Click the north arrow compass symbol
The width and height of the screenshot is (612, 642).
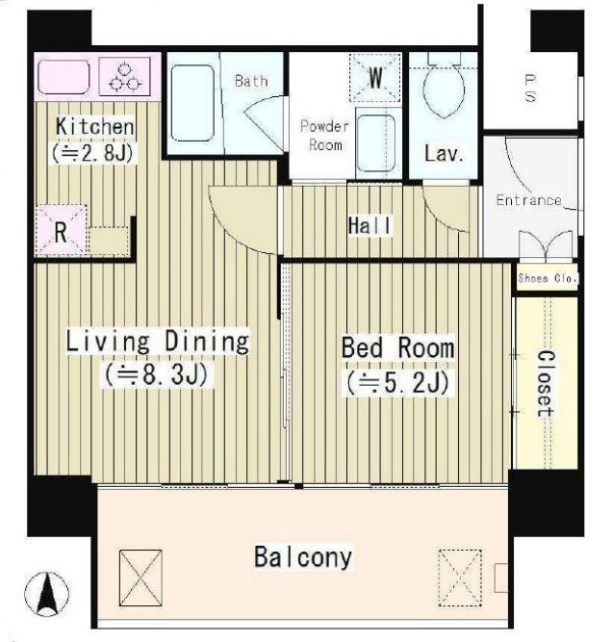tap(46, 593)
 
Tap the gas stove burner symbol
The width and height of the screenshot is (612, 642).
tap(125, 77)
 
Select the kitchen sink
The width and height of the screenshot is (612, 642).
tap(64, 77)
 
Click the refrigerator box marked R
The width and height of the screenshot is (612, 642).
tap(61, 230)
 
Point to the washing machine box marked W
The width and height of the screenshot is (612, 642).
tap(374, 77)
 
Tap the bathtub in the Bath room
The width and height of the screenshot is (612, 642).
tap(192, 103)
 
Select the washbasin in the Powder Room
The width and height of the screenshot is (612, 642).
tap(376, 143)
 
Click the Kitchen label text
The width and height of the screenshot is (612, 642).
tap(95, 126)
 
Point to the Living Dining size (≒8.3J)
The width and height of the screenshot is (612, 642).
tap(157, 374)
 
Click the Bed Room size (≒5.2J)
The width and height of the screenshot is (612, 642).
tap(398, 383)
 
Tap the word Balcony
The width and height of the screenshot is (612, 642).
tap(303, 557)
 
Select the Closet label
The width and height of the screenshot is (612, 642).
tap(546, 384)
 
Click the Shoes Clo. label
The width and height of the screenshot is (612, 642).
tap(548, 278)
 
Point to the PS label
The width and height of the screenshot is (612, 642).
tap(530, 88)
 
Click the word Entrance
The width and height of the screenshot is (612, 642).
tap(528, 200)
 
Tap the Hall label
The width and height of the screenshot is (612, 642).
tap(370, 225)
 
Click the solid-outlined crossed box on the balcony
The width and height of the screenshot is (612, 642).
tap(140, 578)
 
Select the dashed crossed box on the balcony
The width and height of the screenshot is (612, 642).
tap(460, 578)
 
